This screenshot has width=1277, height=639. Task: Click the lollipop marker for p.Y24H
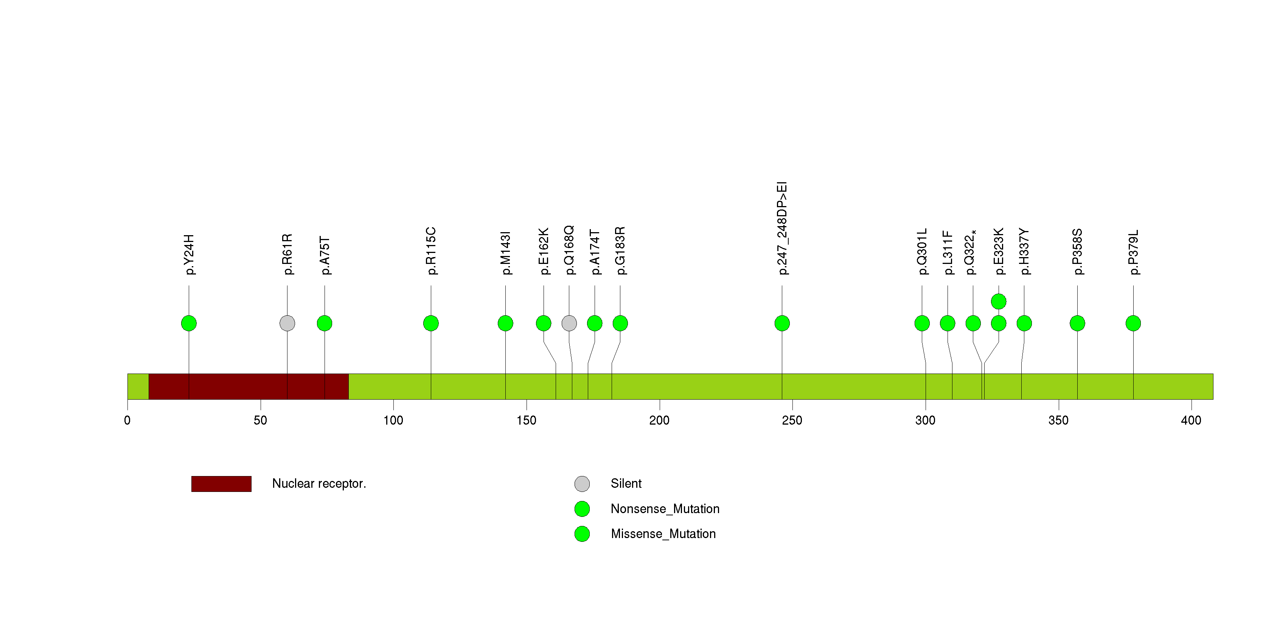click(189, 323)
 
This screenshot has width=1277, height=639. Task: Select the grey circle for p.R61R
click(287, 323)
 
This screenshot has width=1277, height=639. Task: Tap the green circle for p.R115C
click(431, 323)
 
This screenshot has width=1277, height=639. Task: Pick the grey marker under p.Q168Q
click(569, 323)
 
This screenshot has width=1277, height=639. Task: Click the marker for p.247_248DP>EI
click(782, 323)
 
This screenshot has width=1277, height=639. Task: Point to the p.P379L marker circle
click(1133, 323)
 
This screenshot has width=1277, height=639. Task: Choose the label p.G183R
click(620, 251)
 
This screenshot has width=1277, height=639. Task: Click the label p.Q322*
click(970, 252)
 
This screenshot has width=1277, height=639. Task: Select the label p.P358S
click(1077, 252)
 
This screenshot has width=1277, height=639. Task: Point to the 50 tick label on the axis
click(260, 420)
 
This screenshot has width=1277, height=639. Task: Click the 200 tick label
click(659, 420)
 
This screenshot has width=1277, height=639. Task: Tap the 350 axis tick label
click(1058, 420)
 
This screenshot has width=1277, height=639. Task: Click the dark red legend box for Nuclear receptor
click(221, 484)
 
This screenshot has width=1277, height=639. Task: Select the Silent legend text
click(626, 484)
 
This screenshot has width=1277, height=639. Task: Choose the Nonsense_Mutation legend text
click(665, 509)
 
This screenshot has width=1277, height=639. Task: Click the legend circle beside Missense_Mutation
click(582, 534)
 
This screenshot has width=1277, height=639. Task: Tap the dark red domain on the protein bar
click(249, 386)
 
